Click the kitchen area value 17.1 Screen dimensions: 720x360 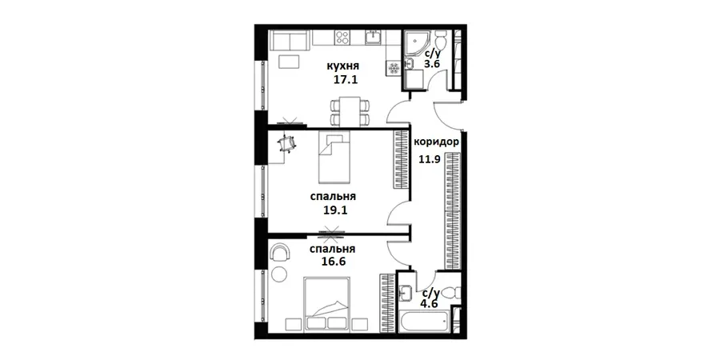pyautogui.click(x=346, y=79)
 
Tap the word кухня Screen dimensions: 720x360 pyautogui.click(x=342, y=66)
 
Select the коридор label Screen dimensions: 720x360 pyautogui.click(x=436, y=142)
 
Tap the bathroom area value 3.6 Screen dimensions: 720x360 pyautogui.click(x=432, y=64)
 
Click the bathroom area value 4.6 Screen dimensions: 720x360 pyautogui.click(x=430, y=303)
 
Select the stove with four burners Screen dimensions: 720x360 pyautogui.click(x=342, y=37)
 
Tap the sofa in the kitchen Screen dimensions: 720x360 pyautogui.click(x=289, y=40)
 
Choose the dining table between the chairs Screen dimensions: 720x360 pyautogui.click(x=350, y=111)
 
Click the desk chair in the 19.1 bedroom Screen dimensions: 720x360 pyautogui.click(x=287, y=143)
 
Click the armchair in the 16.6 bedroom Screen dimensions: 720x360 pyautogui.click(x=281, y=253)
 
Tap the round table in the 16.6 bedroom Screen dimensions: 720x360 pyautogui.click(x=278, y=274)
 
